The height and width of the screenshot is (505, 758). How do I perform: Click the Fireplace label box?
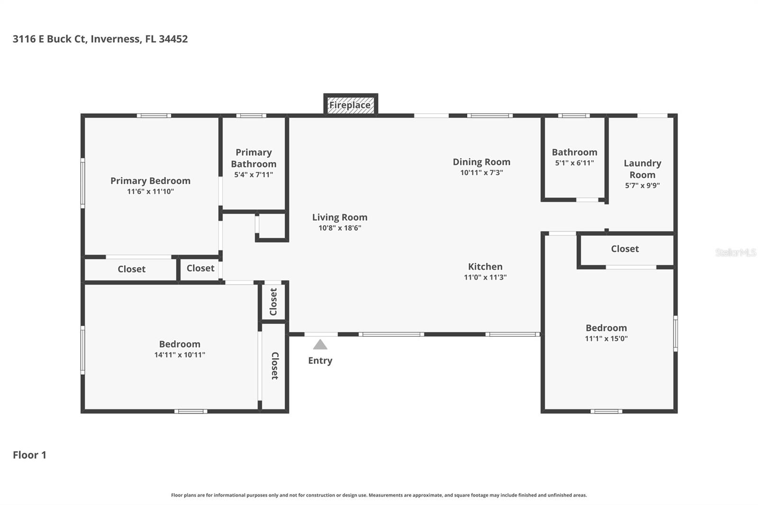[350, 105]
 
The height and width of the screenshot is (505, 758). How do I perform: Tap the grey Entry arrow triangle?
[320, 344]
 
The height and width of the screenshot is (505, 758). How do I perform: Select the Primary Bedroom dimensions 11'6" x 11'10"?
[150, 191]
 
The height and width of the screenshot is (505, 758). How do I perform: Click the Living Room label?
[340, 217]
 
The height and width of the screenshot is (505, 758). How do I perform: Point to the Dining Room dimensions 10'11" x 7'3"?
[481, 172]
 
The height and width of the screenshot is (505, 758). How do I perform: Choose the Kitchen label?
[485, 266]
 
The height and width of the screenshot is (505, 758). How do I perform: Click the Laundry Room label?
[642, 169]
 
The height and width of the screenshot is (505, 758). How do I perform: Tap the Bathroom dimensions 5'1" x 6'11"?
[574, 162]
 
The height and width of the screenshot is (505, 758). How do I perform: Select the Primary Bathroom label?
[253, 158]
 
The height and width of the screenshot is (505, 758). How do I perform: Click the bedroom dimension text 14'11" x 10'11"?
[180, 354]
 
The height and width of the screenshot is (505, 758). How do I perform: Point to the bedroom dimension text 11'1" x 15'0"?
[606, 338]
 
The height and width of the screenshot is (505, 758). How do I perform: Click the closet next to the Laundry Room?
[625, 249]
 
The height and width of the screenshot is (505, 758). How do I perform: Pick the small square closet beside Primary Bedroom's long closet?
[200, 268]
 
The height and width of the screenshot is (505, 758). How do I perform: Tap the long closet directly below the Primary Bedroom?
[131, 269]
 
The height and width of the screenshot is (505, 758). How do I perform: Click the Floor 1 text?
[29, 455]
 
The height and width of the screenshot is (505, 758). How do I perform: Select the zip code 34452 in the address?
[173, 39]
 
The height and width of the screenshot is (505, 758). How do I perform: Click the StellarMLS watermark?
[735, 252]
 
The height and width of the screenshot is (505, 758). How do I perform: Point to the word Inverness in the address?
[116, 39]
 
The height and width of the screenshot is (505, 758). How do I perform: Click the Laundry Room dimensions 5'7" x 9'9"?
[642, 185]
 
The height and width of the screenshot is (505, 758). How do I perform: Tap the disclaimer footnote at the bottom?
[379, 495]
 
